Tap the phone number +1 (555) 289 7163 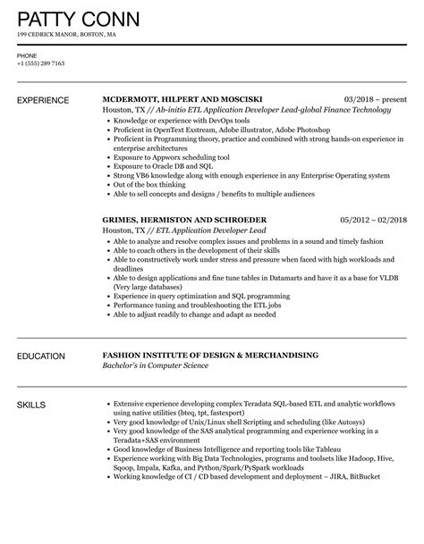pos(41,63)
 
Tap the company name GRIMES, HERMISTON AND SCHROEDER pos(184,219)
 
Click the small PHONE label pos(27,54)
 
